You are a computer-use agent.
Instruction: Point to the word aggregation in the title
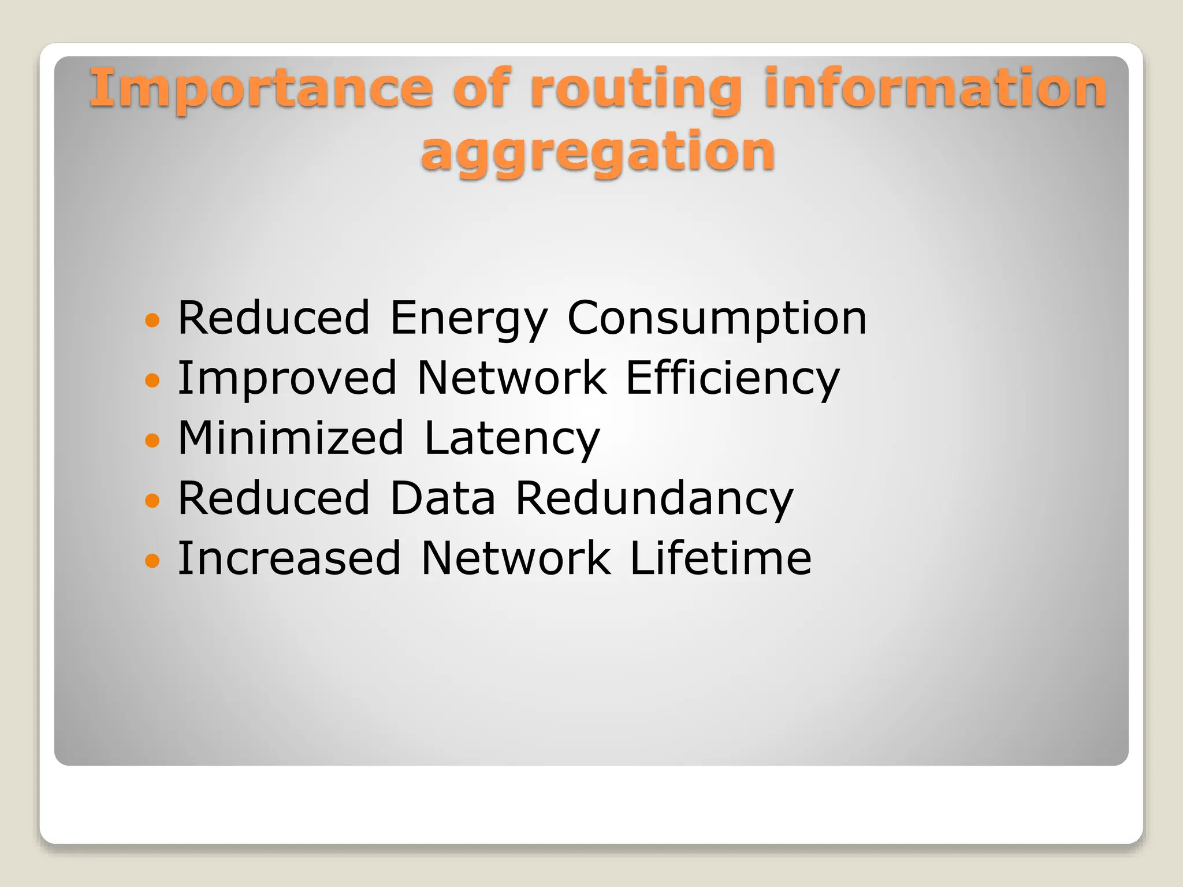click(597, 151)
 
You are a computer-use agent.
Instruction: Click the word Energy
click(468, 318)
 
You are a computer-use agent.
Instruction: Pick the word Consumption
click(717, 318)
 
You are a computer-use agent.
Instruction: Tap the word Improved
click(287, 378)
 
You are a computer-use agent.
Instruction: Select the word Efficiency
click(732, 378)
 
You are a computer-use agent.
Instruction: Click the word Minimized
click(291, 438)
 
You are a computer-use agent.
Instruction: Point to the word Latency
click(512, 438)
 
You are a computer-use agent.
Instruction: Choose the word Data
click(442, 498)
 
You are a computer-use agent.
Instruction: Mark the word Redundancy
click(654, 498)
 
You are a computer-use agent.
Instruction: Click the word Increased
click(289, 558)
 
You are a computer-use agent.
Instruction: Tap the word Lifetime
click(720, 558)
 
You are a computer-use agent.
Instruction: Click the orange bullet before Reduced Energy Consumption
click(152, 320)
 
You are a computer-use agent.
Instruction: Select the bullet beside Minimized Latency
click(152, 440)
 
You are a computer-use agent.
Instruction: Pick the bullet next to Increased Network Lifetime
click(152, 560)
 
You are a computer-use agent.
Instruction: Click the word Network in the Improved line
click(512, 378)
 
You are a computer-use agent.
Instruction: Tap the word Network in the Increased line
click(515, 558)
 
